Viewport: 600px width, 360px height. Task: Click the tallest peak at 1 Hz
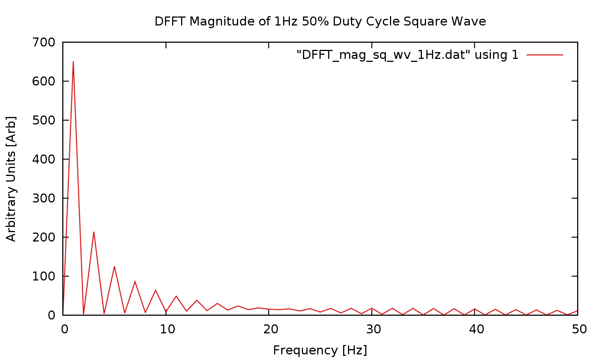(73, 62)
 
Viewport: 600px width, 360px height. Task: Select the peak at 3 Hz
(94, 232)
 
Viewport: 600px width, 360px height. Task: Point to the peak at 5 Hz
(114, 267)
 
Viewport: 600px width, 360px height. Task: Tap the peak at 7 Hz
(135, 281)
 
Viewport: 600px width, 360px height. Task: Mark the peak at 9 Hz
(156, 290)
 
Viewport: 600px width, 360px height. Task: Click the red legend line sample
(544, 55)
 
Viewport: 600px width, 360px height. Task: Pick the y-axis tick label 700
(43, 42)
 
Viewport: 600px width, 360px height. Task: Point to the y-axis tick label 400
(43, 159)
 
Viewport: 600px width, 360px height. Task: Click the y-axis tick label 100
(43, 276)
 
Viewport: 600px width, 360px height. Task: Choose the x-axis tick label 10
(167, 329)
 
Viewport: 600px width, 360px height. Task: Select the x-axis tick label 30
(373, 329)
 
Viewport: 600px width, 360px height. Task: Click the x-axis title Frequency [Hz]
(320, 350)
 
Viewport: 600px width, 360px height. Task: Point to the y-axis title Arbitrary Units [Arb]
(11, 178)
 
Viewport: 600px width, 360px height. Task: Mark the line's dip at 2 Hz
(83, 314)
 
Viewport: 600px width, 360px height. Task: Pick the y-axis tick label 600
(43, 81)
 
